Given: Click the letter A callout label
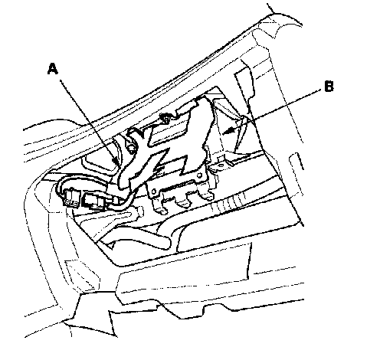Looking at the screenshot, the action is (53, 69).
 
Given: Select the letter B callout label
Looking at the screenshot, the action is (329, 86).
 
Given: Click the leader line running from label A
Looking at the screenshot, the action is (88, 123).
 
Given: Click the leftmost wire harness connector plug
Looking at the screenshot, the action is (70, 198).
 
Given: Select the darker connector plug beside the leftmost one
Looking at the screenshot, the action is (93, 200).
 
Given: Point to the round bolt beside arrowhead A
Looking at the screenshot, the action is (131, 149).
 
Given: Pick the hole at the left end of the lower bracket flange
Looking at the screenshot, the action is (153, 191).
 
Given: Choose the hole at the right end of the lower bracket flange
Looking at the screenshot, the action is (198, 175).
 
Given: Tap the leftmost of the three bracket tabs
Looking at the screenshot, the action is (161, 208).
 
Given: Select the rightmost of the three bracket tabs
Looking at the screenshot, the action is (206, 195).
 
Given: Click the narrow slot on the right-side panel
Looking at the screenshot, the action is (296, 162).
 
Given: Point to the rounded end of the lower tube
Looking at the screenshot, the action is (166, 242).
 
